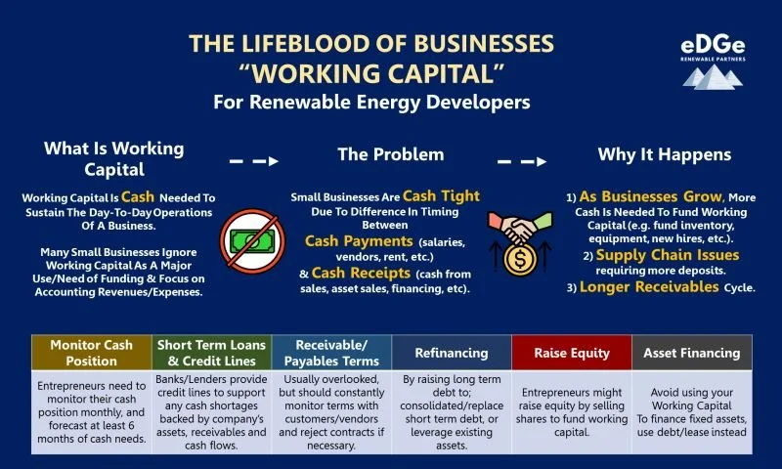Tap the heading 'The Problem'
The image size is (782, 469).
tap(390, 154)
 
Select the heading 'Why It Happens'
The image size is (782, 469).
tap(664, 154)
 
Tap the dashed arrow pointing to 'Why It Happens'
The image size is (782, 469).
tap(522, 160)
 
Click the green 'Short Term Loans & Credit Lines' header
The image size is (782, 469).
tap(210, 353)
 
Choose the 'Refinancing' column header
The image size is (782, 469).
tap(451, 353)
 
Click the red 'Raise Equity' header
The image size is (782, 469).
tap(571, 353)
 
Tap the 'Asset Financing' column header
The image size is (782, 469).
tap(691, 353)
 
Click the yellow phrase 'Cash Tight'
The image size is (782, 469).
tap(441, 196)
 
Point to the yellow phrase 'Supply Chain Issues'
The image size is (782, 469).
tap(655, 254)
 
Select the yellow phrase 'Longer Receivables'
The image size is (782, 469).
tap(646, 287)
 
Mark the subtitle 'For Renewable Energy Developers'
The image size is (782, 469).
tap(372, 102)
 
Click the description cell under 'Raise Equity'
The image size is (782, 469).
tap(571, 409)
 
